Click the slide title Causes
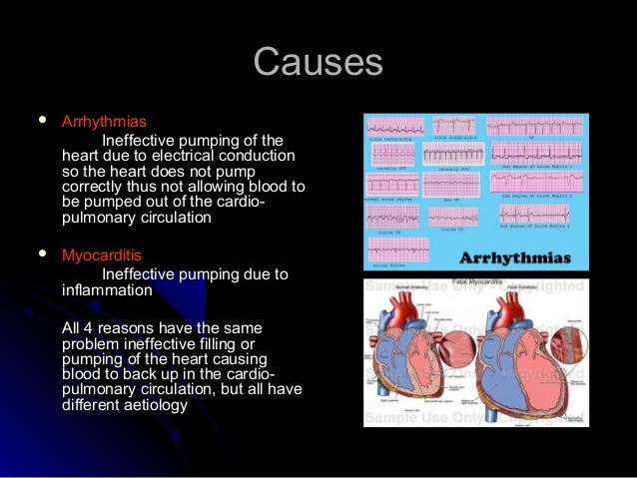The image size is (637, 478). tap(318, 63)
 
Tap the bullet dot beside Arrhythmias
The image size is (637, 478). tap(41, 120)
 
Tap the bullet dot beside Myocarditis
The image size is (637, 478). tap(41, 253)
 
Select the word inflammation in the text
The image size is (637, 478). tap(107, 291)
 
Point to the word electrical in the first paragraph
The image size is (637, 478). tap(209, 157)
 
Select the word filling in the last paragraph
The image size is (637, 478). tap(232, 342)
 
